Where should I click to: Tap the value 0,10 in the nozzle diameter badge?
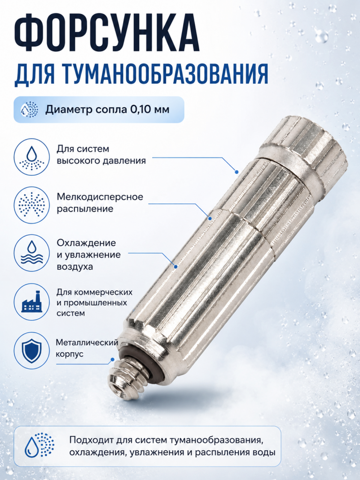[x=141, y=109]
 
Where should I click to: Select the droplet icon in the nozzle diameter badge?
[x=29, y=109]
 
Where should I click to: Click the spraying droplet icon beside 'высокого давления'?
[x=32, y=157]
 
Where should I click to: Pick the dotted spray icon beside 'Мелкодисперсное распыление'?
[x=32, y=205]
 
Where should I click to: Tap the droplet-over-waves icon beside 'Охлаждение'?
[x=32, y=253]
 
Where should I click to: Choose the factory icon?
[x=32, y=301]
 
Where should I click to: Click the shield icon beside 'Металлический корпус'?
[x=32, y=350]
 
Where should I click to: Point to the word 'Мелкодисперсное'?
[x=100, y=196]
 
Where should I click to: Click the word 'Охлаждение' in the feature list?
[x=86, y=243]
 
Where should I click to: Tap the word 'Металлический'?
[x=87, y=343]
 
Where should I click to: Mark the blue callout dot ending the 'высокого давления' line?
[x=236, y=172]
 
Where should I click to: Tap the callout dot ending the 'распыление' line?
[x=210, y=218]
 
